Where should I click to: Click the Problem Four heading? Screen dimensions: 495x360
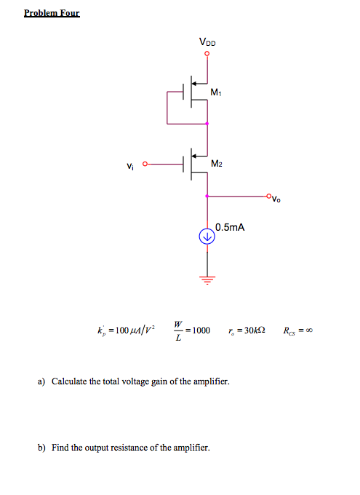[52, 13]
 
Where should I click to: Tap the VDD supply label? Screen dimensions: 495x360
[207, 44]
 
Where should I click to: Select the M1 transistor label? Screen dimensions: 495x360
[217, 92]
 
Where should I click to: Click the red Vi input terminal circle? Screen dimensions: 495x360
[145, 164]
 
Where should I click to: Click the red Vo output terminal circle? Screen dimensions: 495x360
[268, 196]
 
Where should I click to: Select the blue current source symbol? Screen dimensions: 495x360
[207, 236]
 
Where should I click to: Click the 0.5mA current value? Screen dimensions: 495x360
[230, 227]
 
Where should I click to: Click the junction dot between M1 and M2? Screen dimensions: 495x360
[207, 124]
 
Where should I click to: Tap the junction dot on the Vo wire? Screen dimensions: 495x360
[207, 196]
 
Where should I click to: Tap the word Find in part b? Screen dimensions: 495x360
[61, 447]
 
